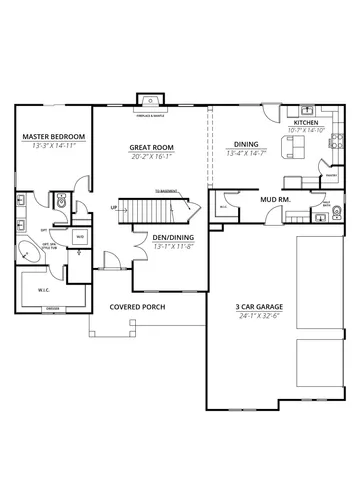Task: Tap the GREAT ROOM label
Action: (151, 147)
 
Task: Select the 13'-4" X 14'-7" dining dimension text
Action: (245, 154)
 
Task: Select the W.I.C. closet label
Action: (43, 291)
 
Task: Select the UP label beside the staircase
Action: (114, 208)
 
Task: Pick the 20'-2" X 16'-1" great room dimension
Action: (151, 156)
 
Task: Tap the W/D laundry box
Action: (80, 236)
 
